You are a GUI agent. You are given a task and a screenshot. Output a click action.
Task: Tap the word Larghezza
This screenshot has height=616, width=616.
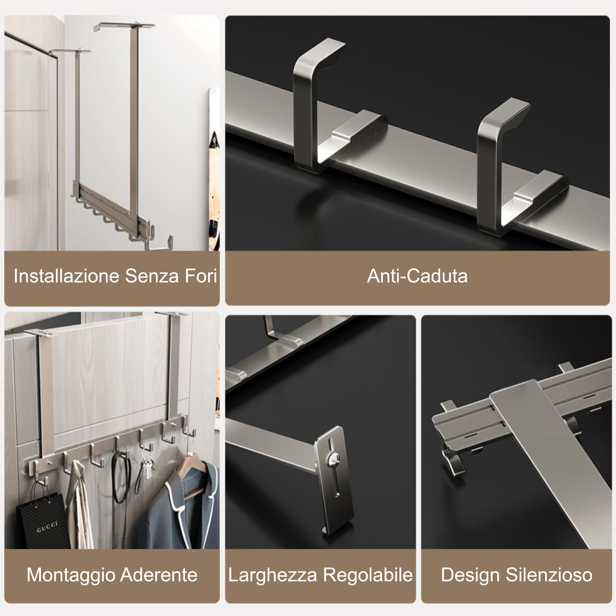(x=273, y=575)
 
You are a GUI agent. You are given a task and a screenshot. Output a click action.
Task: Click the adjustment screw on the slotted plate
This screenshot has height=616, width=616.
(x=333, y=459)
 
